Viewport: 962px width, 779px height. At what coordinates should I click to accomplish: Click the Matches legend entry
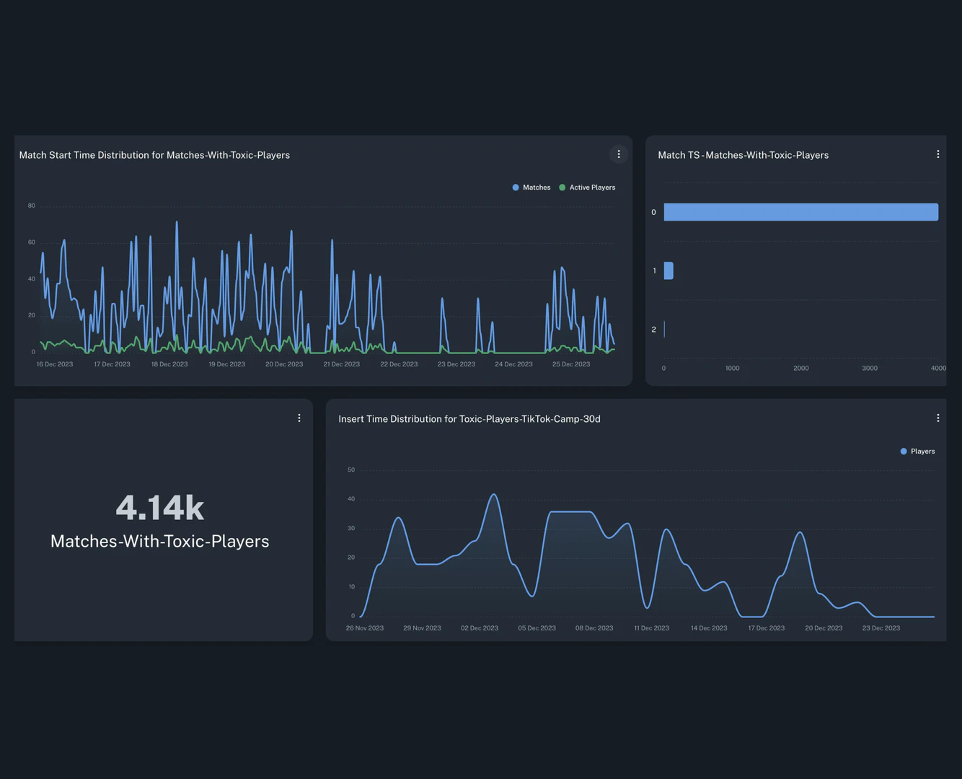coord(531,188)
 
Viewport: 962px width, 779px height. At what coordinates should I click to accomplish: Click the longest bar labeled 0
coord(800,212)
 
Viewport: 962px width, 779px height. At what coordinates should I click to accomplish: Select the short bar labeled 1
coord(668,270)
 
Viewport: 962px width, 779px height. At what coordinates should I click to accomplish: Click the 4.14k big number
coord(160,508)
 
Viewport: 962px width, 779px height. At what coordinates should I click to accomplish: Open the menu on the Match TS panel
coord(937,154)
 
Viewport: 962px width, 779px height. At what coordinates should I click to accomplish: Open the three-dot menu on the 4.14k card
coord(299,418)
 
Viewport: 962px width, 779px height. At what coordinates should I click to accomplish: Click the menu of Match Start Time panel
coord(619,154)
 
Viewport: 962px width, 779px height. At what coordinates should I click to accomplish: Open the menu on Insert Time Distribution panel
coord(937,418)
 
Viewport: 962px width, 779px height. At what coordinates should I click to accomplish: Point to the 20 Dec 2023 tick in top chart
coord(284,364)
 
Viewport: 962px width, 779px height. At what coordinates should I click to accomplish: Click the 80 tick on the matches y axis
coord(32,206)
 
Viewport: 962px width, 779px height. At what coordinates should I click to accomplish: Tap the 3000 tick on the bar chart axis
coord(870,369)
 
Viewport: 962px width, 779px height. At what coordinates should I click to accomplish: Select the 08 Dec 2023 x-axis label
coord(594,628)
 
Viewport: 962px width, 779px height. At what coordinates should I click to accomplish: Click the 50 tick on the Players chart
coord(351,470)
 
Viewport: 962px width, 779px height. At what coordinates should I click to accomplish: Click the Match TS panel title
coord(743,155)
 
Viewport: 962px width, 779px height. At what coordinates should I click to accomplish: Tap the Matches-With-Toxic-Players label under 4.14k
coord(160,542)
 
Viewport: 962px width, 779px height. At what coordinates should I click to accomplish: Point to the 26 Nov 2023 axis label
coord(365,628)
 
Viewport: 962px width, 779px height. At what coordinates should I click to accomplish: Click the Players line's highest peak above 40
coord(494,495)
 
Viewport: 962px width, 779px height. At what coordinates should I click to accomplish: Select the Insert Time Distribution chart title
coord(469,419)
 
